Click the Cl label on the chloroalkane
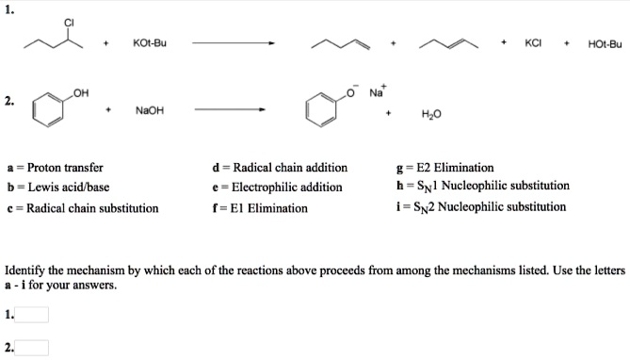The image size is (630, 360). (67, 22)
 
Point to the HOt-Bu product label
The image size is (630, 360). (604, 43)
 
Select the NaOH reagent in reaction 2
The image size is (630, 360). (151, 109)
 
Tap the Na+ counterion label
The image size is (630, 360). (377, 92)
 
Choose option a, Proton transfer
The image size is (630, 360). (55, 167)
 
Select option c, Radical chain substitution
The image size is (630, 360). (82, 207)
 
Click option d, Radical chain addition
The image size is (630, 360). (280, 167)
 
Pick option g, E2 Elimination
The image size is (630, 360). (445, 167)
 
